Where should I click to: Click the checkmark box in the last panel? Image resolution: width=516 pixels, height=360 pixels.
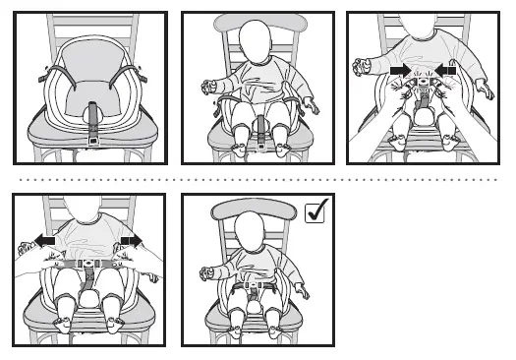317,211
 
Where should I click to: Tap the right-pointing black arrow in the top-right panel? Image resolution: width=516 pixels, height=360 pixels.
398,72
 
